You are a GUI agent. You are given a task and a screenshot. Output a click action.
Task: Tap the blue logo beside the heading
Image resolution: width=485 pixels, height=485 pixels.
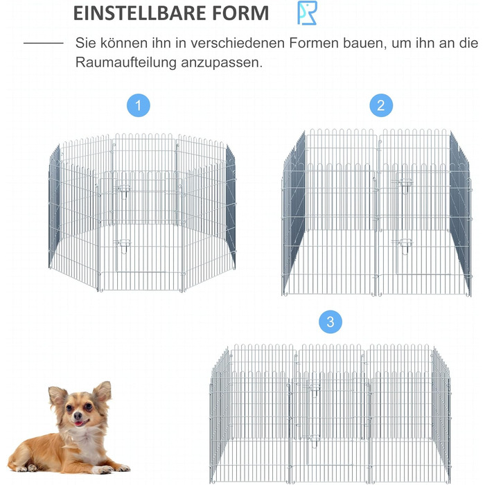(307, 12)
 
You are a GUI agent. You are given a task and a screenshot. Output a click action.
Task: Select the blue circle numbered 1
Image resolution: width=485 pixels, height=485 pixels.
(139, 105)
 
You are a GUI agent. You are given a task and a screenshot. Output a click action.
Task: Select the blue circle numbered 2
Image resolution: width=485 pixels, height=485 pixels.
(381, 105)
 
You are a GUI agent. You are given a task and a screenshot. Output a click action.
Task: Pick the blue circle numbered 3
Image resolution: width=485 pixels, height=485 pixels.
(330, 322)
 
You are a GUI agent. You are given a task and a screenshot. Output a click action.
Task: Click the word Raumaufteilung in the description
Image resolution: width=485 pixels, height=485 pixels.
(126, 62)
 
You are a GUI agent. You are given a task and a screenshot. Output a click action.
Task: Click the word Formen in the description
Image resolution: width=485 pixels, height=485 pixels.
(314, 43)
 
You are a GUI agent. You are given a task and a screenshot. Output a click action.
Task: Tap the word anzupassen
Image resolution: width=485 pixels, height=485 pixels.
(222, 63)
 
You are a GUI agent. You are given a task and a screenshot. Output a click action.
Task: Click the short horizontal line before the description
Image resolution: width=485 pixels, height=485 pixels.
(44, 43)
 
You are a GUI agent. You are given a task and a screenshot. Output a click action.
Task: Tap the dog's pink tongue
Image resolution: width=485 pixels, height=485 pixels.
(80, 423)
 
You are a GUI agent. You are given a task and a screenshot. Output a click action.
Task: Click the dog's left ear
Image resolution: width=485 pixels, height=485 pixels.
(103, 391)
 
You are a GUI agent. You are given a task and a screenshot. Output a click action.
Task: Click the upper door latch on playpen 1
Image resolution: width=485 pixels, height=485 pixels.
(124, 189)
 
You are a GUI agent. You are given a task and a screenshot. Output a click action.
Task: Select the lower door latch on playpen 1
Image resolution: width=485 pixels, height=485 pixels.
(124, 245)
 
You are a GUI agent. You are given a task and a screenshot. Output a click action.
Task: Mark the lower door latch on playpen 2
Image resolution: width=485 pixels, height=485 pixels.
(405, 245)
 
